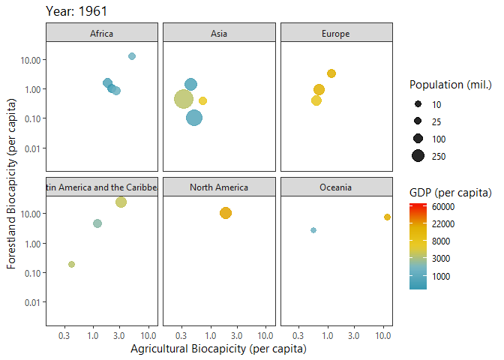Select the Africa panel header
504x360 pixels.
click(x=102, y=33)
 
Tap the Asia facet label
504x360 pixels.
click(x=219, y=33)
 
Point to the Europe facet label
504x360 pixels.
click(x=336, y=33)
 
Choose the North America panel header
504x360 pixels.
click(x=219, y=187)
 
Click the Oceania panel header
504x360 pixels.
click(x=336, y=187)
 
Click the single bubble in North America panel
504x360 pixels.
click(x=226, y=213)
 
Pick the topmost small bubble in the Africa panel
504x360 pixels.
click(x=132, y=56)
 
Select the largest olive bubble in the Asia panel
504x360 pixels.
click(x=184, y=99)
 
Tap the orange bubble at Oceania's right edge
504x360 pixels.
click(x=387, y=217)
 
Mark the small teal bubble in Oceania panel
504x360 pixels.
click(x=313, y=230)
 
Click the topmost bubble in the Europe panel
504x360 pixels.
click(x=331, y=73)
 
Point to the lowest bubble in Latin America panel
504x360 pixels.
click(x=71, y=264)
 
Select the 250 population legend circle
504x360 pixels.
click(x=418, y=156)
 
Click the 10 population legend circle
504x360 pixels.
click(x=418, y=104)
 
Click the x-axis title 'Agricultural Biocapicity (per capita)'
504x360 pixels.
click(x=218, y=349)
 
